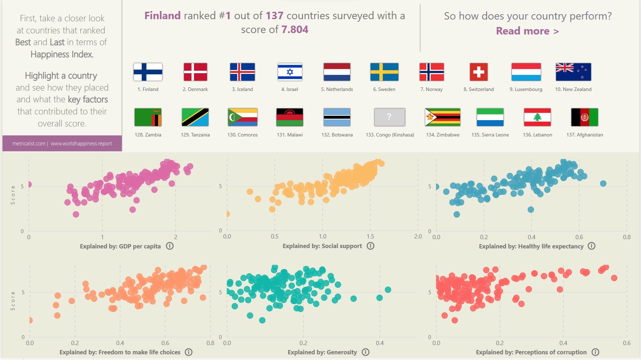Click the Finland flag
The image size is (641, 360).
click(x=148, y=72)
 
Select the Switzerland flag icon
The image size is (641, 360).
click(x=478, y=72)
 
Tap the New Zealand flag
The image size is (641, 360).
click(x=573, y=72)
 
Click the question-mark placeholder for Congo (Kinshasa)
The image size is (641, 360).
click(x=389, y=117)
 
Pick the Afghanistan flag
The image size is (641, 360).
click(x=585, y=117)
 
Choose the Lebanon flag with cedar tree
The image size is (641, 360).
click(x=537, y=117)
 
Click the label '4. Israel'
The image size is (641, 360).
click(x=290, y=90)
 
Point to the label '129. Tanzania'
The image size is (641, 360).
click(x=195, y=135)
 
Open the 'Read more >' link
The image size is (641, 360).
click(x=527, y=31)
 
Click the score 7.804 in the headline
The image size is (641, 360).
click(x=295, y=29)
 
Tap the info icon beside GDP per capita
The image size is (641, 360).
click(x=170, y=246)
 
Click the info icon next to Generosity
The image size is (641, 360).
click(x=365, y=352)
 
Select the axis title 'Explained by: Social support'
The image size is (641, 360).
click(x=322, y=246)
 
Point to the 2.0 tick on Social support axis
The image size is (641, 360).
click(x=418, y=237)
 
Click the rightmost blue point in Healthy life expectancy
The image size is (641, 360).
click(x=603, y=184)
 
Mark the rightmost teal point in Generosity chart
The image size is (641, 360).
click(x=388, y=290)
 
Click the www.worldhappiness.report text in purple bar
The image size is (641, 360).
click(x=81, y=144)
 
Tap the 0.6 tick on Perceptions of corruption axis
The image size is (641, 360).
click(x=626, y=343)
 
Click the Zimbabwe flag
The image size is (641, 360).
click(x=443, y=117)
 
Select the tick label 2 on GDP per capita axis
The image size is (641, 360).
click(x=176, y=237)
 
